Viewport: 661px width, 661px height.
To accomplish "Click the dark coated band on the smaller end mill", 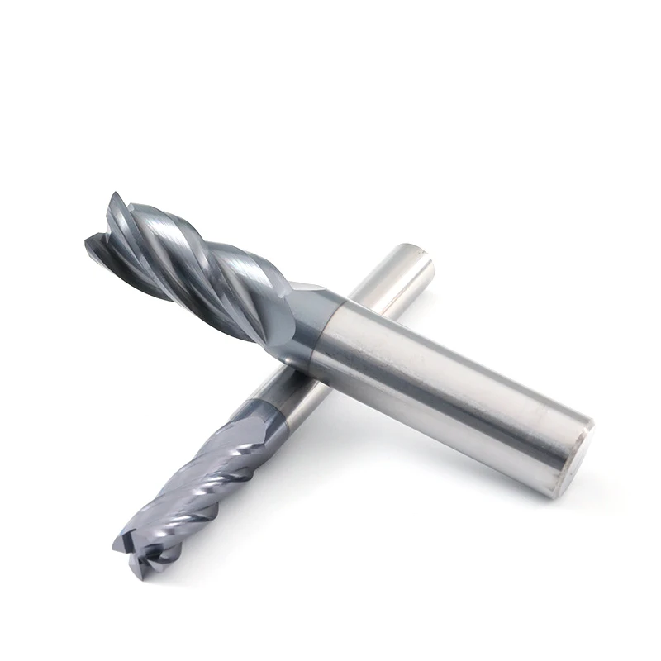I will click(263, 413).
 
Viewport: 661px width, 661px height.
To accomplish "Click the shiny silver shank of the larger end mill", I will click(446, 380).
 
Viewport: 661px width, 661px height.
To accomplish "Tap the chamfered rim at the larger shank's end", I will click(583, 430).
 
